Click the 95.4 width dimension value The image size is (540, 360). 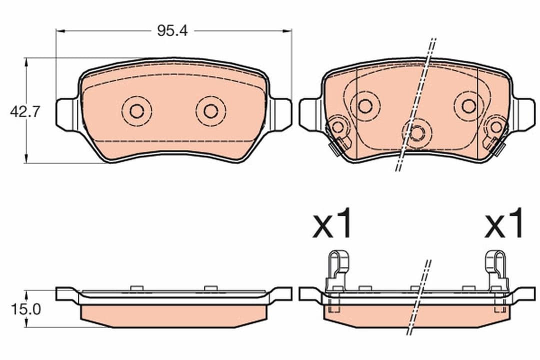[x=165, y=31]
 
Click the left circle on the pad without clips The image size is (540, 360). [x=136, y=111]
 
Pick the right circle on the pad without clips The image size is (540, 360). [x=210, y=111]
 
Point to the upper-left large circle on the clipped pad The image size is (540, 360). [x=365, y=106]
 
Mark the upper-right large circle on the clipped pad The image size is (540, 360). [x=468, y=106]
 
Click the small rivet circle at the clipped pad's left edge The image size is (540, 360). [x=338, y=127]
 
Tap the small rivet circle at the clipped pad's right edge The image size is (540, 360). [x=495, y=127]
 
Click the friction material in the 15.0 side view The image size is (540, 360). [x=173, y=314]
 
